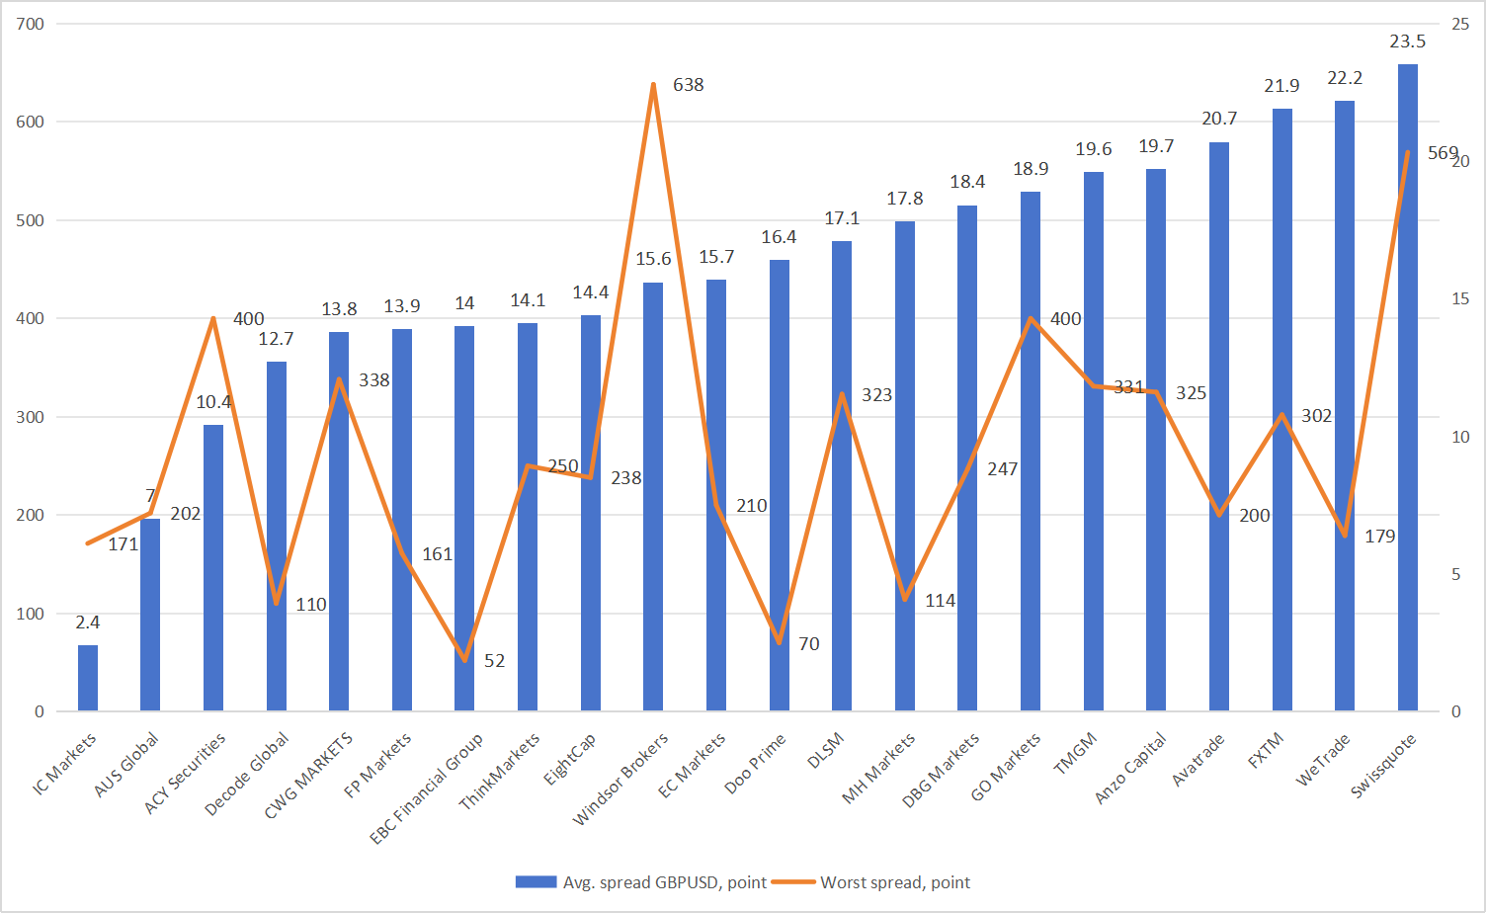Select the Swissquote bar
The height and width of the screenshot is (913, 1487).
(x=1408, y=395)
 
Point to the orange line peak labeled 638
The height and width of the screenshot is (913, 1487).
(x=653, y=85)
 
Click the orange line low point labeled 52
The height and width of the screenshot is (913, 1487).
(x=464, y=660)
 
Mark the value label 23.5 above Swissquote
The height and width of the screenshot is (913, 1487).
(x=1408, y=41)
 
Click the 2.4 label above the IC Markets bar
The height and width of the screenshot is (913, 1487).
(x=88, y=622)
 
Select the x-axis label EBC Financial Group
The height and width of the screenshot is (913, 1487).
(x=428, y=788)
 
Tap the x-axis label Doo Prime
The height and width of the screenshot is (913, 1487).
(x=756, y=762)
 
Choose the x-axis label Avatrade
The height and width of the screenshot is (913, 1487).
(x=1198, y=760)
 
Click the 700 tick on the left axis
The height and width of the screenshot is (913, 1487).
(x=31, y=24)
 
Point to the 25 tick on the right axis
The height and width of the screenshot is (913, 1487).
(x=1460, y=24)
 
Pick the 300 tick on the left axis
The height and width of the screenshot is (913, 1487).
(x=31, y=417)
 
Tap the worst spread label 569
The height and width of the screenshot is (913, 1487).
(x=1442, y=153)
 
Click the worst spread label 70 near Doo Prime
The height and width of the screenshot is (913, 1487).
(x=809, y=644)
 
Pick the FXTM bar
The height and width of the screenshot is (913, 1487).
(x=1282, y=415)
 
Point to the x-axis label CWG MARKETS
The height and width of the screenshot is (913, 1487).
(x=309, y=776)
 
